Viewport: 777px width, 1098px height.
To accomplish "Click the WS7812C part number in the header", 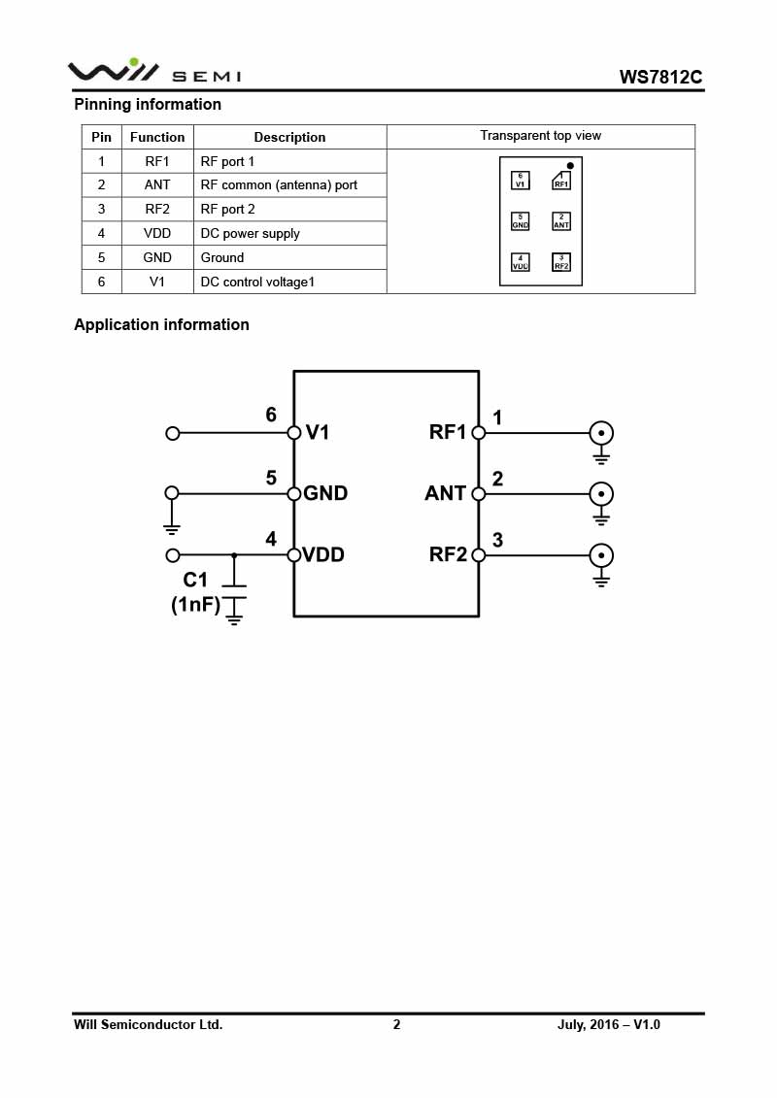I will (660, 78).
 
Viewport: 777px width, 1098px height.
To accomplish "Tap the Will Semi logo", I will (153, 71).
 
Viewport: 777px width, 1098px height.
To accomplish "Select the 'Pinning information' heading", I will (148, 104).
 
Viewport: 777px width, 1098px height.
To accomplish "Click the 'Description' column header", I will (289, 137).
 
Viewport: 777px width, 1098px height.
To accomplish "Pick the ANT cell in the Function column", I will (157, 184).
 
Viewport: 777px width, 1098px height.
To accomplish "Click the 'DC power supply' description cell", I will (250, 233).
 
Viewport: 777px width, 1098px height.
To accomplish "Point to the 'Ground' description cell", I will (222, 257).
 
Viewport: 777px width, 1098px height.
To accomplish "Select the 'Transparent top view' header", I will (540, 136).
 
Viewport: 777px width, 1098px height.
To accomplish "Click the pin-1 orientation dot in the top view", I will (570, 166).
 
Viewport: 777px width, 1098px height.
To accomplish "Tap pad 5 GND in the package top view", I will (521, 221).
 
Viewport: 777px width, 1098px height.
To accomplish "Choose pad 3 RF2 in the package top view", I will (561, 262).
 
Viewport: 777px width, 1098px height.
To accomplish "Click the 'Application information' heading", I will (161, 324).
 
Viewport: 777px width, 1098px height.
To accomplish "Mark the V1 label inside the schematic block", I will (318, 433).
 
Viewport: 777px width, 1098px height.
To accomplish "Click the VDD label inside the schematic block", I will (323, 555).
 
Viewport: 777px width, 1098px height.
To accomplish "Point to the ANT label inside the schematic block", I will (445, 493).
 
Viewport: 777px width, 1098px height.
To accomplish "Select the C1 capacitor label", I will (195, 580).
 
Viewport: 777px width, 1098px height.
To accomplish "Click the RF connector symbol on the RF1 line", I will (601, 433).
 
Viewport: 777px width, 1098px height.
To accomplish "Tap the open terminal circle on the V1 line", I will (173, 433).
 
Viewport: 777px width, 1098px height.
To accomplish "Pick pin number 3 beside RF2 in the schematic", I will (497, 540).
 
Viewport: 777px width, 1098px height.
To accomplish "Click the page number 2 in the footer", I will (396, 1024).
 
